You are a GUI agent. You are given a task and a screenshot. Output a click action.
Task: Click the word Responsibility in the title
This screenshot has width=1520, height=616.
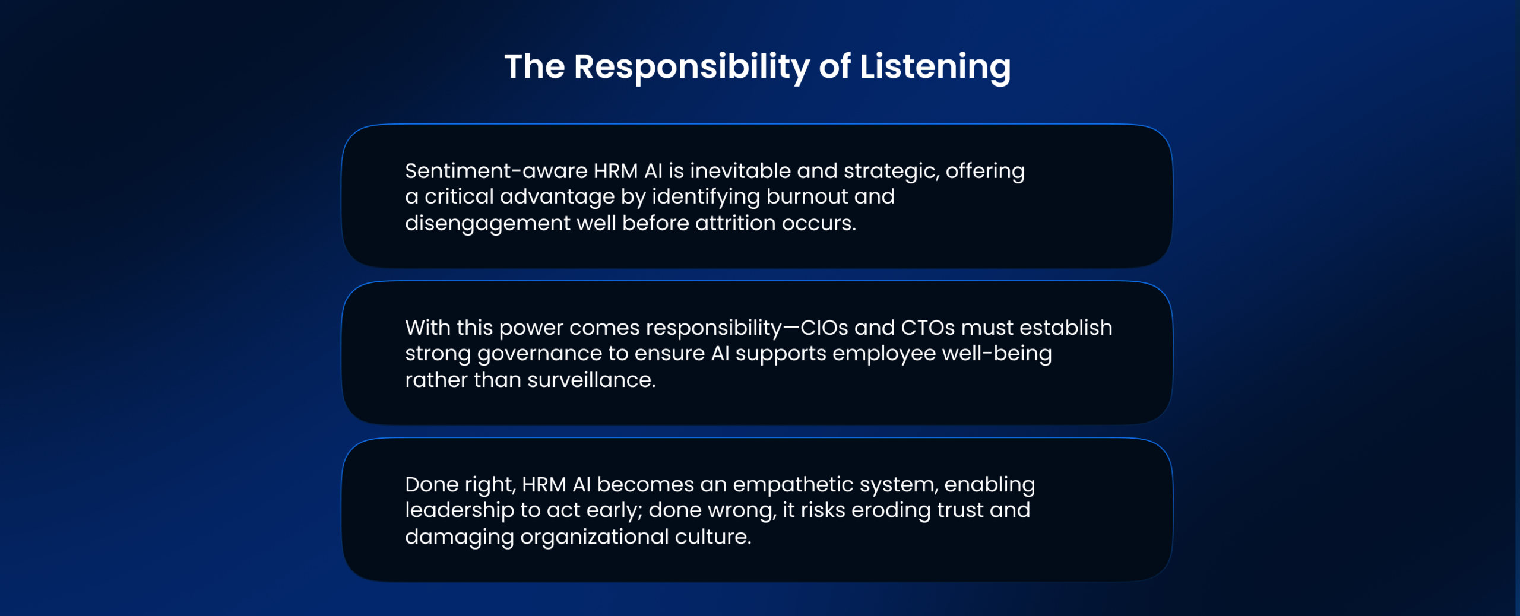(x=692, y=67)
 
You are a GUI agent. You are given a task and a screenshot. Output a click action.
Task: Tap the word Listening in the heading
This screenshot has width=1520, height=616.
(x=935, y=67)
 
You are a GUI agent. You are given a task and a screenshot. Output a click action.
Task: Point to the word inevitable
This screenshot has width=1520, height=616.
(x=740, y=171)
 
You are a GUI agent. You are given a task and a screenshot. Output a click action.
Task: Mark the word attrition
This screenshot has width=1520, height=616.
(x=735, y=223)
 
